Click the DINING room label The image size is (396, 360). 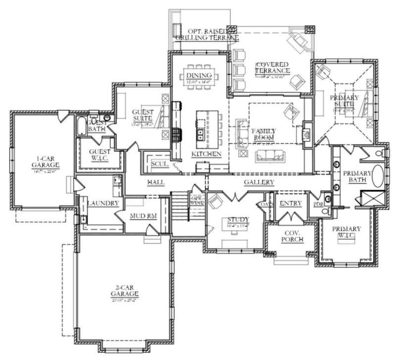[x=195, y=75]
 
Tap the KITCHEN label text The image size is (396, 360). [x=205, y=154]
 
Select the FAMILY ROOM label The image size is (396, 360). [x=264, y=134]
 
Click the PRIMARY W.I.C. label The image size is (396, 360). [x=346, y=232]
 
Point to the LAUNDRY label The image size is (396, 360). [x=102, y=204]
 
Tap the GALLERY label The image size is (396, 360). [x=259, y=183]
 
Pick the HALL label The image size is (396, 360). [x=155, y=183]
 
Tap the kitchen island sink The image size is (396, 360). [x=201, y=134]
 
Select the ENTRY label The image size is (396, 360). [x=287, y=204]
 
